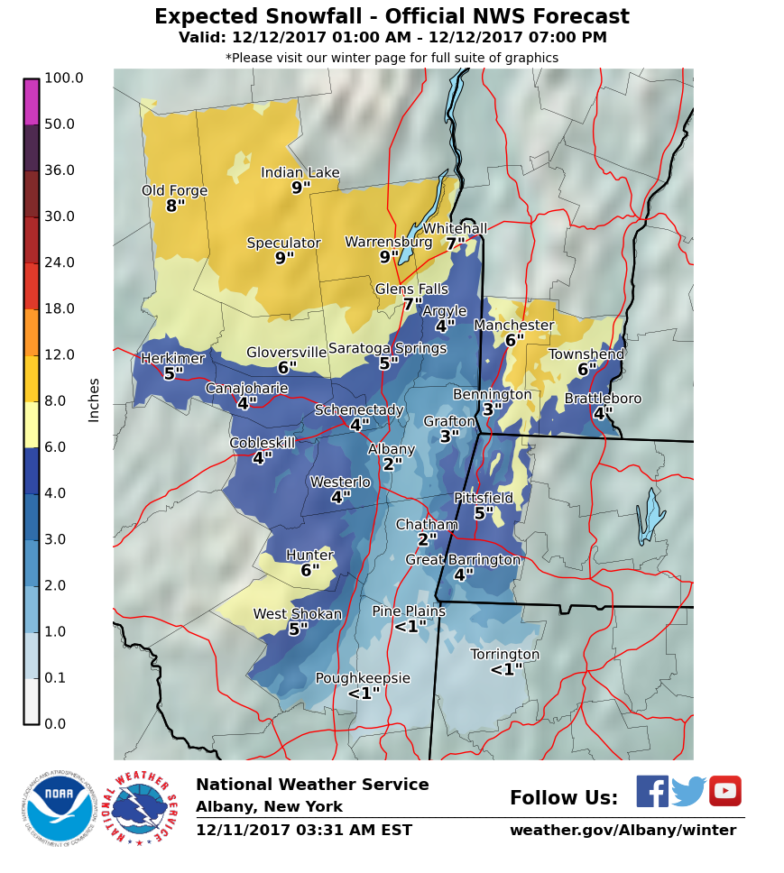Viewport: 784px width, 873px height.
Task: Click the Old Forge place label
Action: [x=174, y=190]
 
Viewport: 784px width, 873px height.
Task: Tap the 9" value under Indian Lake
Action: [x=300, y=188]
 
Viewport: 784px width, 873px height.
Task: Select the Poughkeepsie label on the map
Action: [x=363, y=678]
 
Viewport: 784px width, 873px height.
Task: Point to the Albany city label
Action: [x=392, y=449]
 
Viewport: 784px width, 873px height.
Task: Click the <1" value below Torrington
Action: [x=506, y=669]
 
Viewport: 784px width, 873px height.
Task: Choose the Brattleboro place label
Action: [x=603, y=399]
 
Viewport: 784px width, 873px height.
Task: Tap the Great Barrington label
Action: [x=463, y=560]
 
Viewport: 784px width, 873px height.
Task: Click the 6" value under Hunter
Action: [x=310, y=570]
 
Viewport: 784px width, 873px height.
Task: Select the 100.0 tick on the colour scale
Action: [x=63, y=78]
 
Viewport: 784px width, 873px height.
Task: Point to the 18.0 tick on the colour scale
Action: [x=60, y=309]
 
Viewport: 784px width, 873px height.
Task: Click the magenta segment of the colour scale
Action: [x=32, y=101]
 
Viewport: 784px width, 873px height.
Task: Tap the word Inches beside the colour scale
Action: [x=94, y=400]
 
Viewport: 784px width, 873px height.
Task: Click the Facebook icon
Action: [x=652, y=791]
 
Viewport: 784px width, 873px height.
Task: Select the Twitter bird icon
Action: [x=688, y=792]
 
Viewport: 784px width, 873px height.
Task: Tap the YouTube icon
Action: [x=724, y=791]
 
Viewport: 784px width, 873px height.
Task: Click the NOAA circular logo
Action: [x=59, y=807]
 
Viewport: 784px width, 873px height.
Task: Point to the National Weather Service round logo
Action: [x=143, y=808]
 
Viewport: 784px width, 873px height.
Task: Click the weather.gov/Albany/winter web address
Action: [x=623, y=830]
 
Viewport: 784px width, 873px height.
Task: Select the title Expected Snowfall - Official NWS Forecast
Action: [x=392, y=17]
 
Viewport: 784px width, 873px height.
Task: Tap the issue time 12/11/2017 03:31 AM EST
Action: [x=303, y=830]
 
